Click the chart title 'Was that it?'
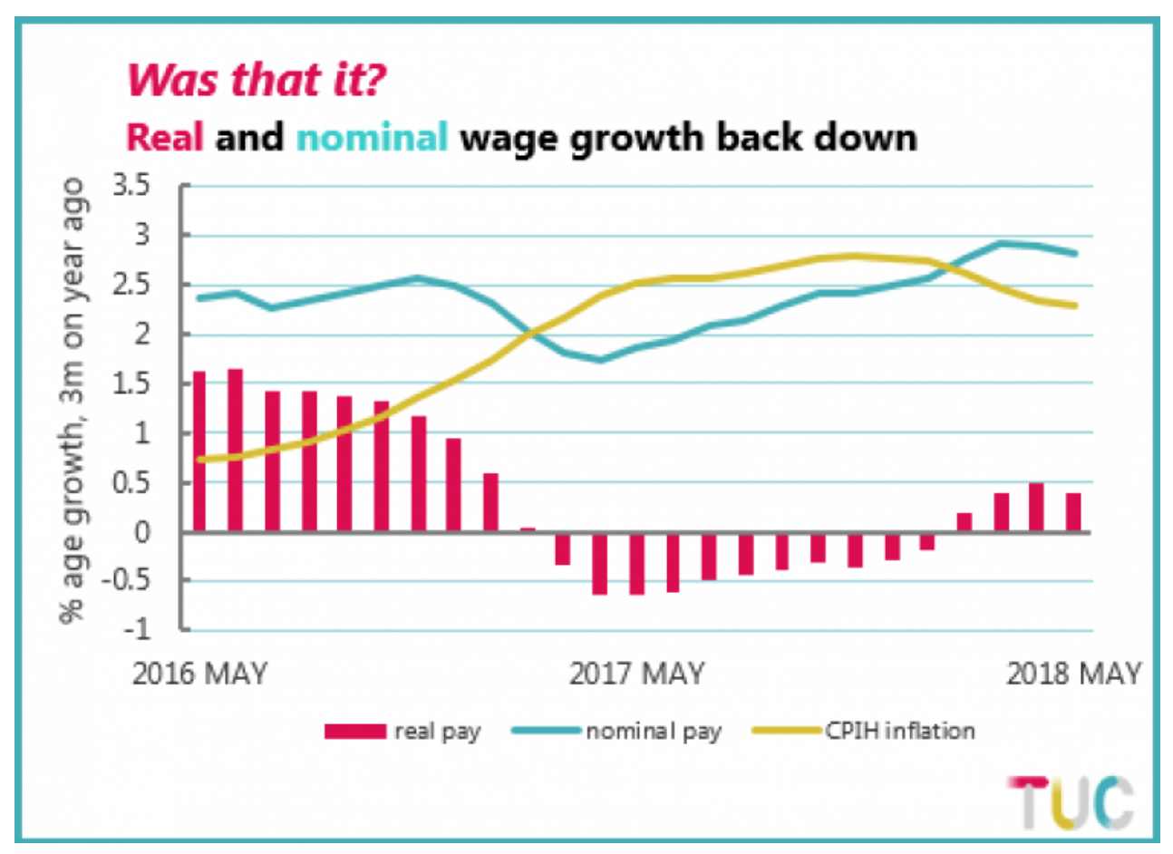[257, 80]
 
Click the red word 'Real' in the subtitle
[164, 137]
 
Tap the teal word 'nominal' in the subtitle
[372, 137]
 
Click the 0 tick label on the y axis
[143, 532]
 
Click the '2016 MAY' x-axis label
[200, 674]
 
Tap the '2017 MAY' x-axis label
[637, 674]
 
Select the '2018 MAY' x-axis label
[1074, 674]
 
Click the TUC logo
[1071, 802]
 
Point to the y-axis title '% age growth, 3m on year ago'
[72, 399]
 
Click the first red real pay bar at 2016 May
[199, 451]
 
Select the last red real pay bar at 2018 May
[1073, 512]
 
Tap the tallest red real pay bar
[235, 450]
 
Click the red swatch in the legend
[354, 732]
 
